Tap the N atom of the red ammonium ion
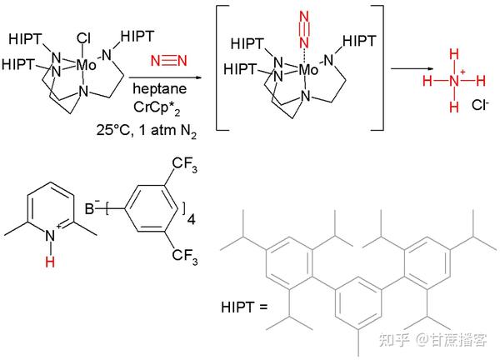(452, 81)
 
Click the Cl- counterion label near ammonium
(481, 107)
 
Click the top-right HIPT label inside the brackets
(359, 42)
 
